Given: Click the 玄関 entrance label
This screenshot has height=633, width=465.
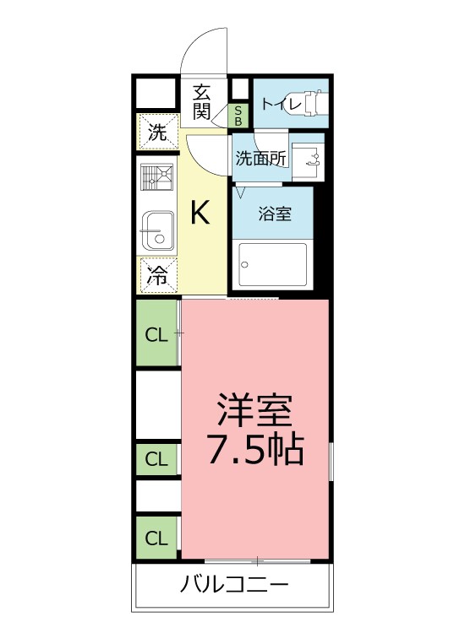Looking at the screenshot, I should coord(201,100).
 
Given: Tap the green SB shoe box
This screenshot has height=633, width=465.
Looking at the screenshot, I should coord(238,115).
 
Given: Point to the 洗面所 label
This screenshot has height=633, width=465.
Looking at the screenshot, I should coord(260,157).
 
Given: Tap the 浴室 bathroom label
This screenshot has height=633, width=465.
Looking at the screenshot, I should coord(274,214).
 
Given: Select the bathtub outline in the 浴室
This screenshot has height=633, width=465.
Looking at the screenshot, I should coord(273,266).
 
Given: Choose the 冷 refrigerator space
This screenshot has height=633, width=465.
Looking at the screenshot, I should coord(158,273).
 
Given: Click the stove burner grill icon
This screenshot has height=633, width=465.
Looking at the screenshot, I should coord(159,176).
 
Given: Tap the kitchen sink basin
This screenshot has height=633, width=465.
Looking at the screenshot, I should coord(158,230).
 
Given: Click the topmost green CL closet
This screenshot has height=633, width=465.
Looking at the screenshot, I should coord(157,334).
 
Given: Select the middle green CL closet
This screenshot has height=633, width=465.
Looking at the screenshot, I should coord(157,460).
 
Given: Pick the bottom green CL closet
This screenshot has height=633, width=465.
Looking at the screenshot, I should coord(157,538).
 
